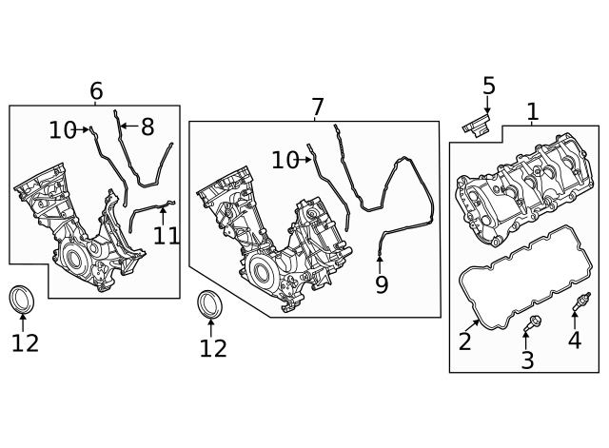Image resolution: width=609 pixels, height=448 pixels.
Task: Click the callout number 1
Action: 532,112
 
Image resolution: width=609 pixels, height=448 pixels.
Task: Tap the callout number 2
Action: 464,341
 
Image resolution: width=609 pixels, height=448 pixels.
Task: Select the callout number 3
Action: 527,360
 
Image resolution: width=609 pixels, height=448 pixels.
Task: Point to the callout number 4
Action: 575,340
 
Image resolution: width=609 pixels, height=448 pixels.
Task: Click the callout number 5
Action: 488,87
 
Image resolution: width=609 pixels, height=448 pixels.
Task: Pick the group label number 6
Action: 96,91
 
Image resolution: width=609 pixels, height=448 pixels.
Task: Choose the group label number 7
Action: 318,107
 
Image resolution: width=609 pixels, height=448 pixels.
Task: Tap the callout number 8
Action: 147,127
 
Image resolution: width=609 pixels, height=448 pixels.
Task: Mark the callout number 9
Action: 382,284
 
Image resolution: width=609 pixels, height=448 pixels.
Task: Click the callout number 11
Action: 167,235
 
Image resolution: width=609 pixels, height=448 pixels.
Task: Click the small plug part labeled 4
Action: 575,305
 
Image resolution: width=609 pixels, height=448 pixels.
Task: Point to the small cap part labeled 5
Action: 476,127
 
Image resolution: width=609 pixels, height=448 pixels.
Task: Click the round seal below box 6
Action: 23,299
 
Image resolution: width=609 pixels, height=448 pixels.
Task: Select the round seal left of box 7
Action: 210,306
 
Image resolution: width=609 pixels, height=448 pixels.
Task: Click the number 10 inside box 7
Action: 285,161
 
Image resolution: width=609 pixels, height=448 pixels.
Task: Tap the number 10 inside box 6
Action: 62,130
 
